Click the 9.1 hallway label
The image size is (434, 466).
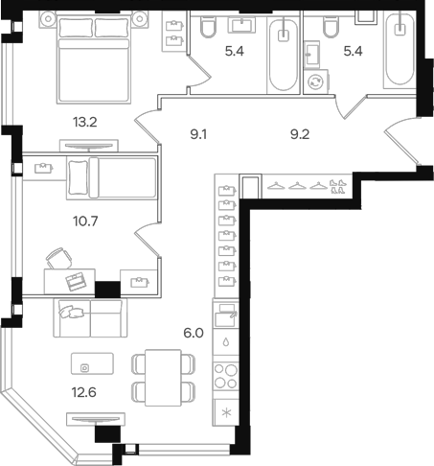[201, 135]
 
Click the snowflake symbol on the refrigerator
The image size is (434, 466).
[226, 413]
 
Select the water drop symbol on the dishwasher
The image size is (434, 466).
[226, 340]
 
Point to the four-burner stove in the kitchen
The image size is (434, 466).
[226, 376]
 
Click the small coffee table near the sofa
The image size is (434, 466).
[92, 365]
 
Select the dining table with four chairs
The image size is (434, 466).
[162, 376]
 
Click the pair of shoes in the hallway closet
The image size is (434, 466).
[336, 186]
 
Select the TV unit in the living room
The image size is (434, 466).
[95, 419]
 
